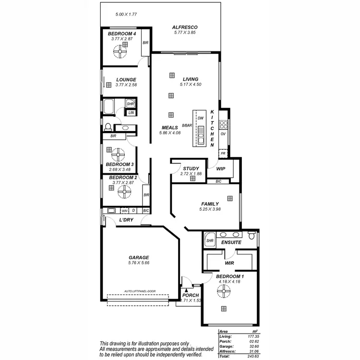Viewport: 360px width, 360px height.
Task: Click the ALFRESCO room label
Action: click(x=185, y=27)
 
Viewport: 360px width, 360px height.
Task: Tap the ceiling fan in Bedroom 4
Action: click(x=124, y=48)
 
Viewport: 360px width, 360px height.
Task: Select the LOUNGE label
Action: click(x=126, y=80)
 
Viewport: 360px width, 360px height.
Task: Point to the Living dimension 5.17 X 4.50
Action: click(x=190, y=84)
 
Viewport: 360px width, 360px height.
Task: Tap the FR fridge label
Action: click(x=223, y=154)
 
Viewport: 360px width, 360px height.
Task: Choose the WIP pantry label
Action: click(x=221, y=169)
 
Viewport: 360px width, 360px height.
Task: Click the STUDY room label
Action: click(x=191, y=168)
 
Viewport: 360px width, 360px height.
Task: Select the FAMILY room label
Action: click(x=210, y=204)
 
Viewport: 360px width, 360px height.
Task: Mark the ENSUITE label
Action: click(x=231, y=243)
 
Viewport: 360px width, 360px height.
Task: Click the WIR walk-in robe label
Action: click(x=229, y=263)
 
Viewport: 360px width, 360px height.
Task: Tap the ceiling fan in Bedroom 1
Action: click(x=223, y=291)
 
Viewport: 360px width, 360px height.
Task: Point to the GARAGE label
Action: click(x=139, y=257)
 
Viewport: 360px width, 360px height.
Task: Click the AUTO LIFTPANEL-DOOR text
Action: click(x=140, y=291)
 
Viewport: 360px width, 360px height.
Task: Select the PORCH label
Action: click(x=191, y=295)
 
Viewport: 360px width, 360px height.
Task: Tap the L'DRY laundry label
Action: click(x=126, y=220)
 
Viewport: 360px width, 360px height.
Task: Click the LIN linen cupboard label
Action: click(x=131, y=112)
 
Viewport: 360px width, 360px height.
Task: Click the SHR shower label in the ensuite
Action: click(x=209, y=240)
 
